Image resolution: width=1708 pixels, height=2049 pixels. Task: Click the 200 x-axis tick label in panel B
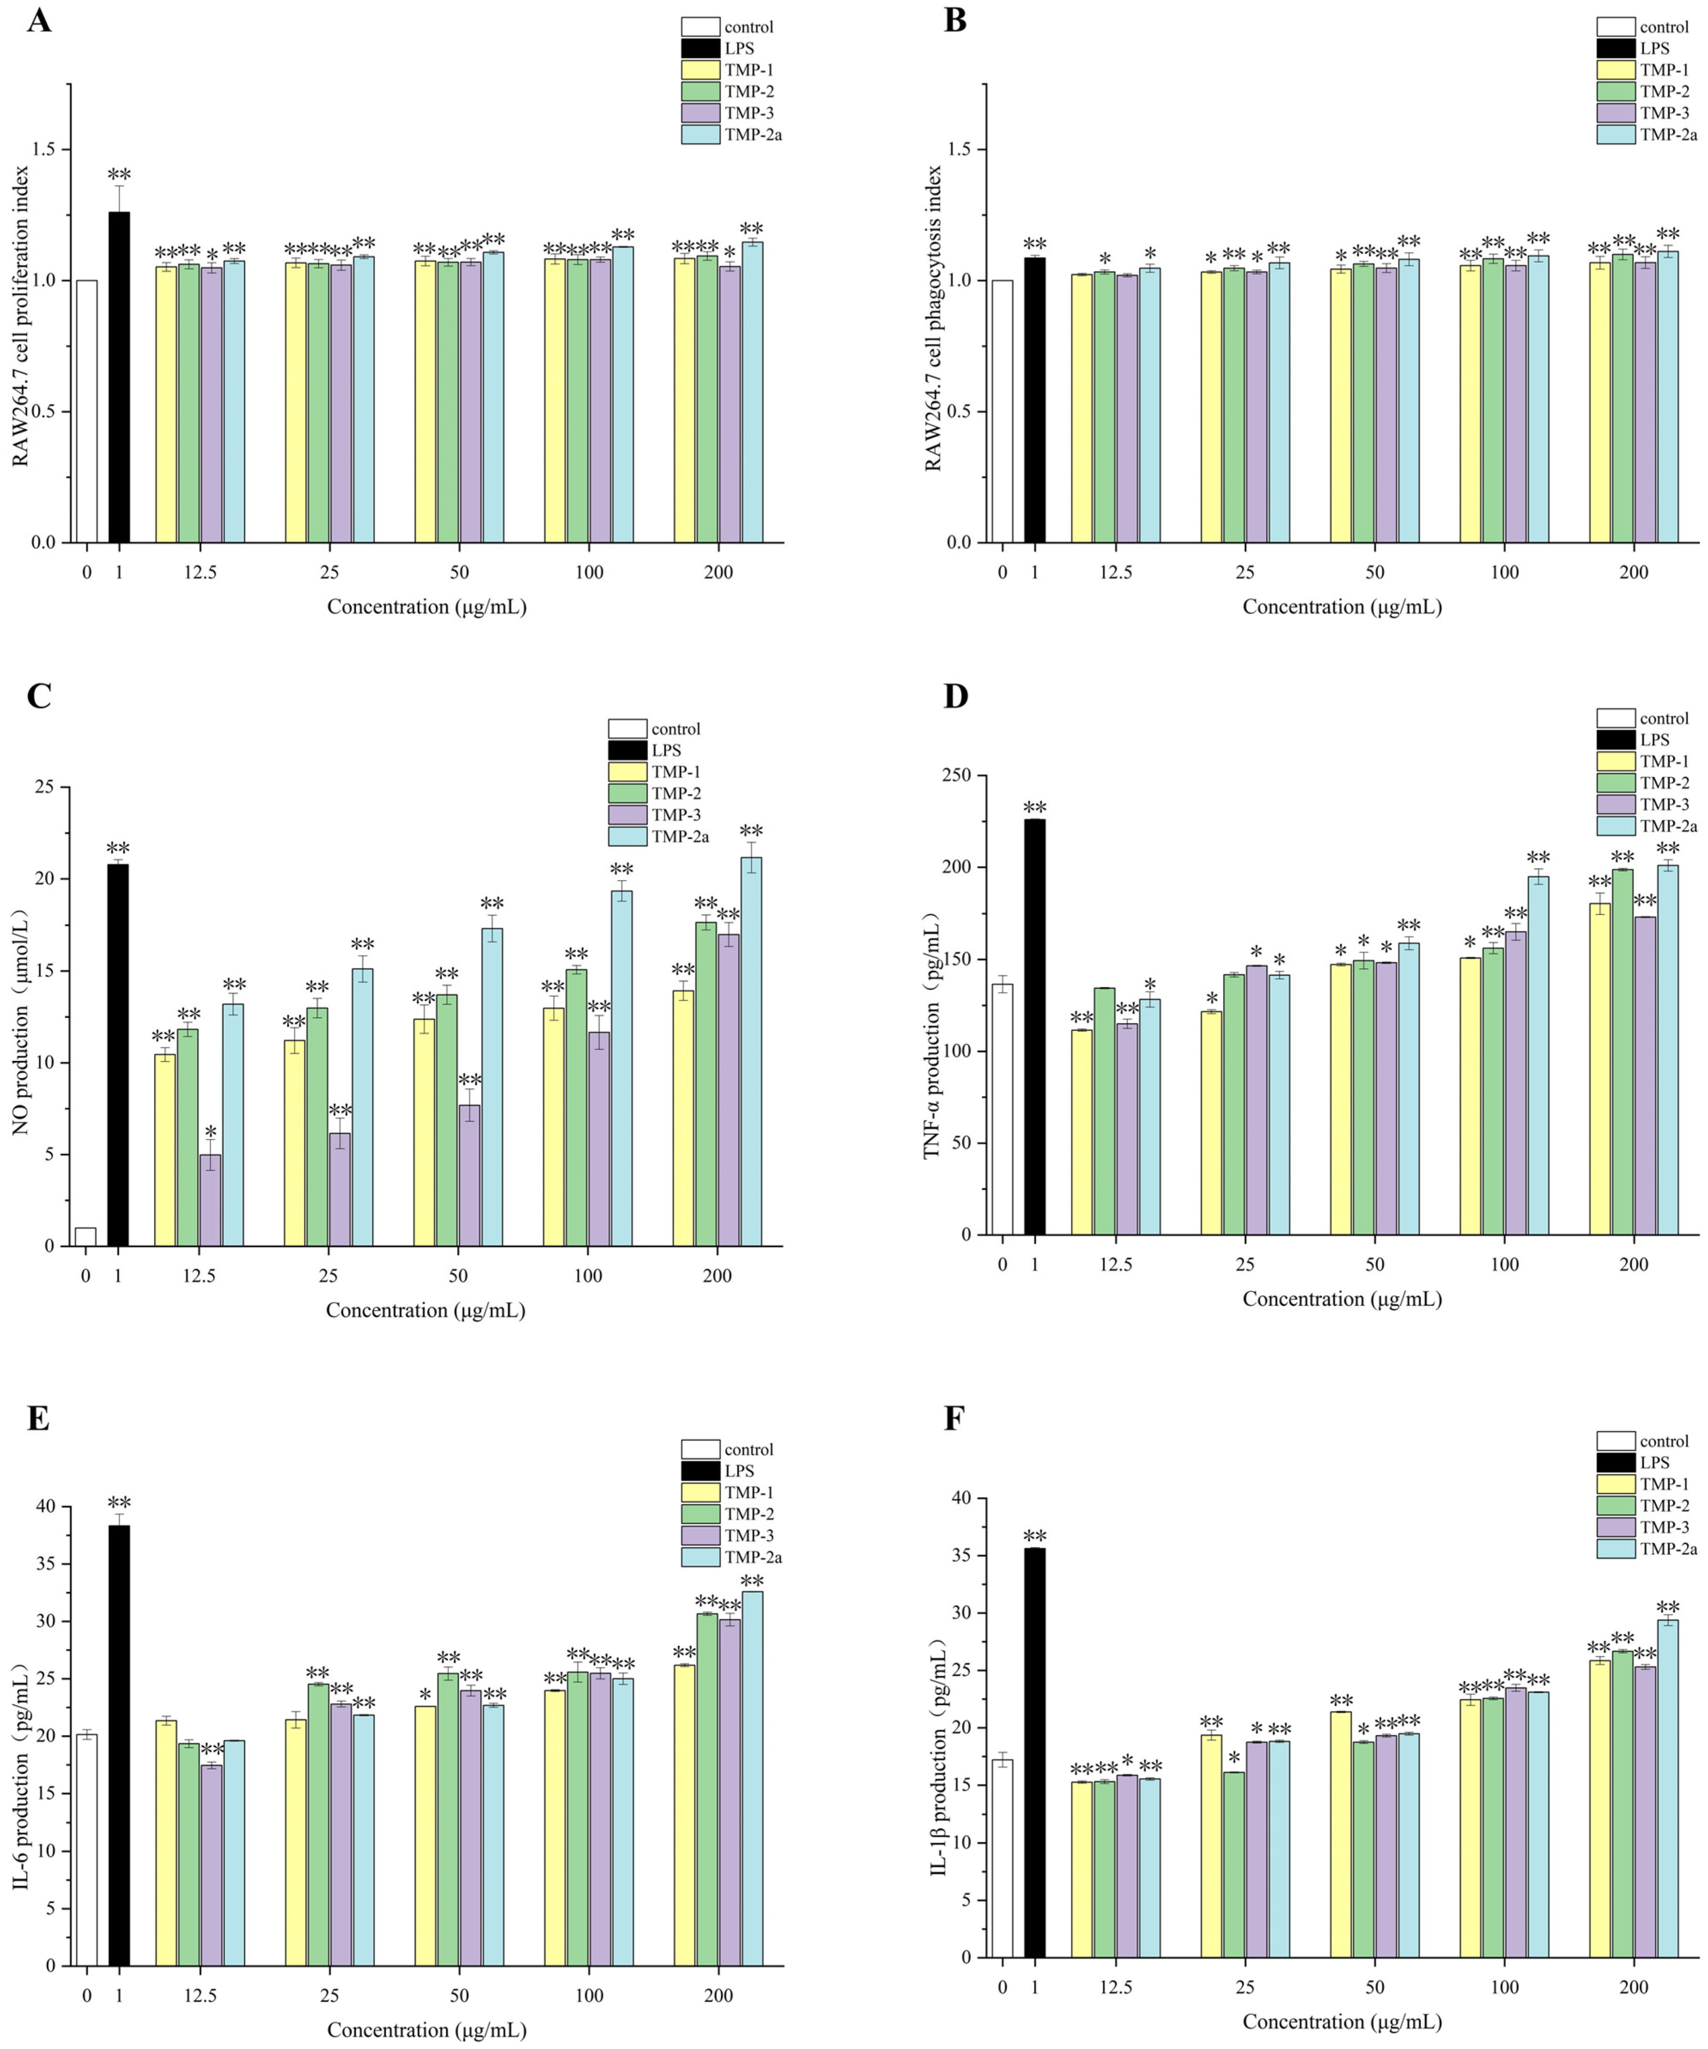point(1634,572)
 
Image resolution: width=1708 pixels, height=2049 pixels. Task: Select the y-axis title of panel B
point(933,317)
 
